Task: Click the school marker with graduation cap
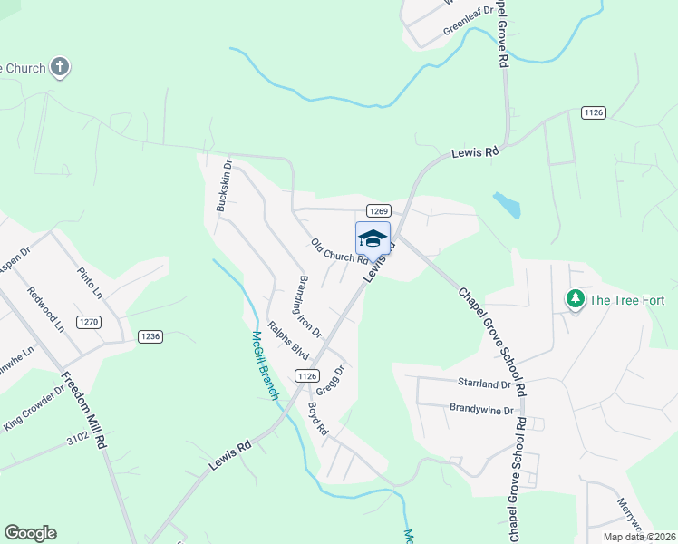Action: point(373,238)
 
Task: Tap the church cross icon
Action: point(60,67)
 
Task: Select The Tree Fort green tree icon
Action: point(575,298)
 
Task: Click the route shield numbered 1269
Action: point(378,209)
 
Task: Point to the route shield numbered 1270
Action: point(89,322)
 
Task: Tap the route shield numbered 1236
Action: point(150,336)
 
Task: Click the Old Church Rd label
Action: point(339,250)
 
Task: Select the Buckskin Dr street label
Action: point(224,186)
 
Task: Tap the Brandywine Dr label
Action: point(481,410)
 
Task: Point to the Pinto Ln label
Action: point(91,282)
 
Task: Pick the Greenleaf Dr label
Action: point(468,22)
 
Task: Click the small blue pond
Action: point(508,205)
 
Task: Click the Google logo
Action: point(30,533)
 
